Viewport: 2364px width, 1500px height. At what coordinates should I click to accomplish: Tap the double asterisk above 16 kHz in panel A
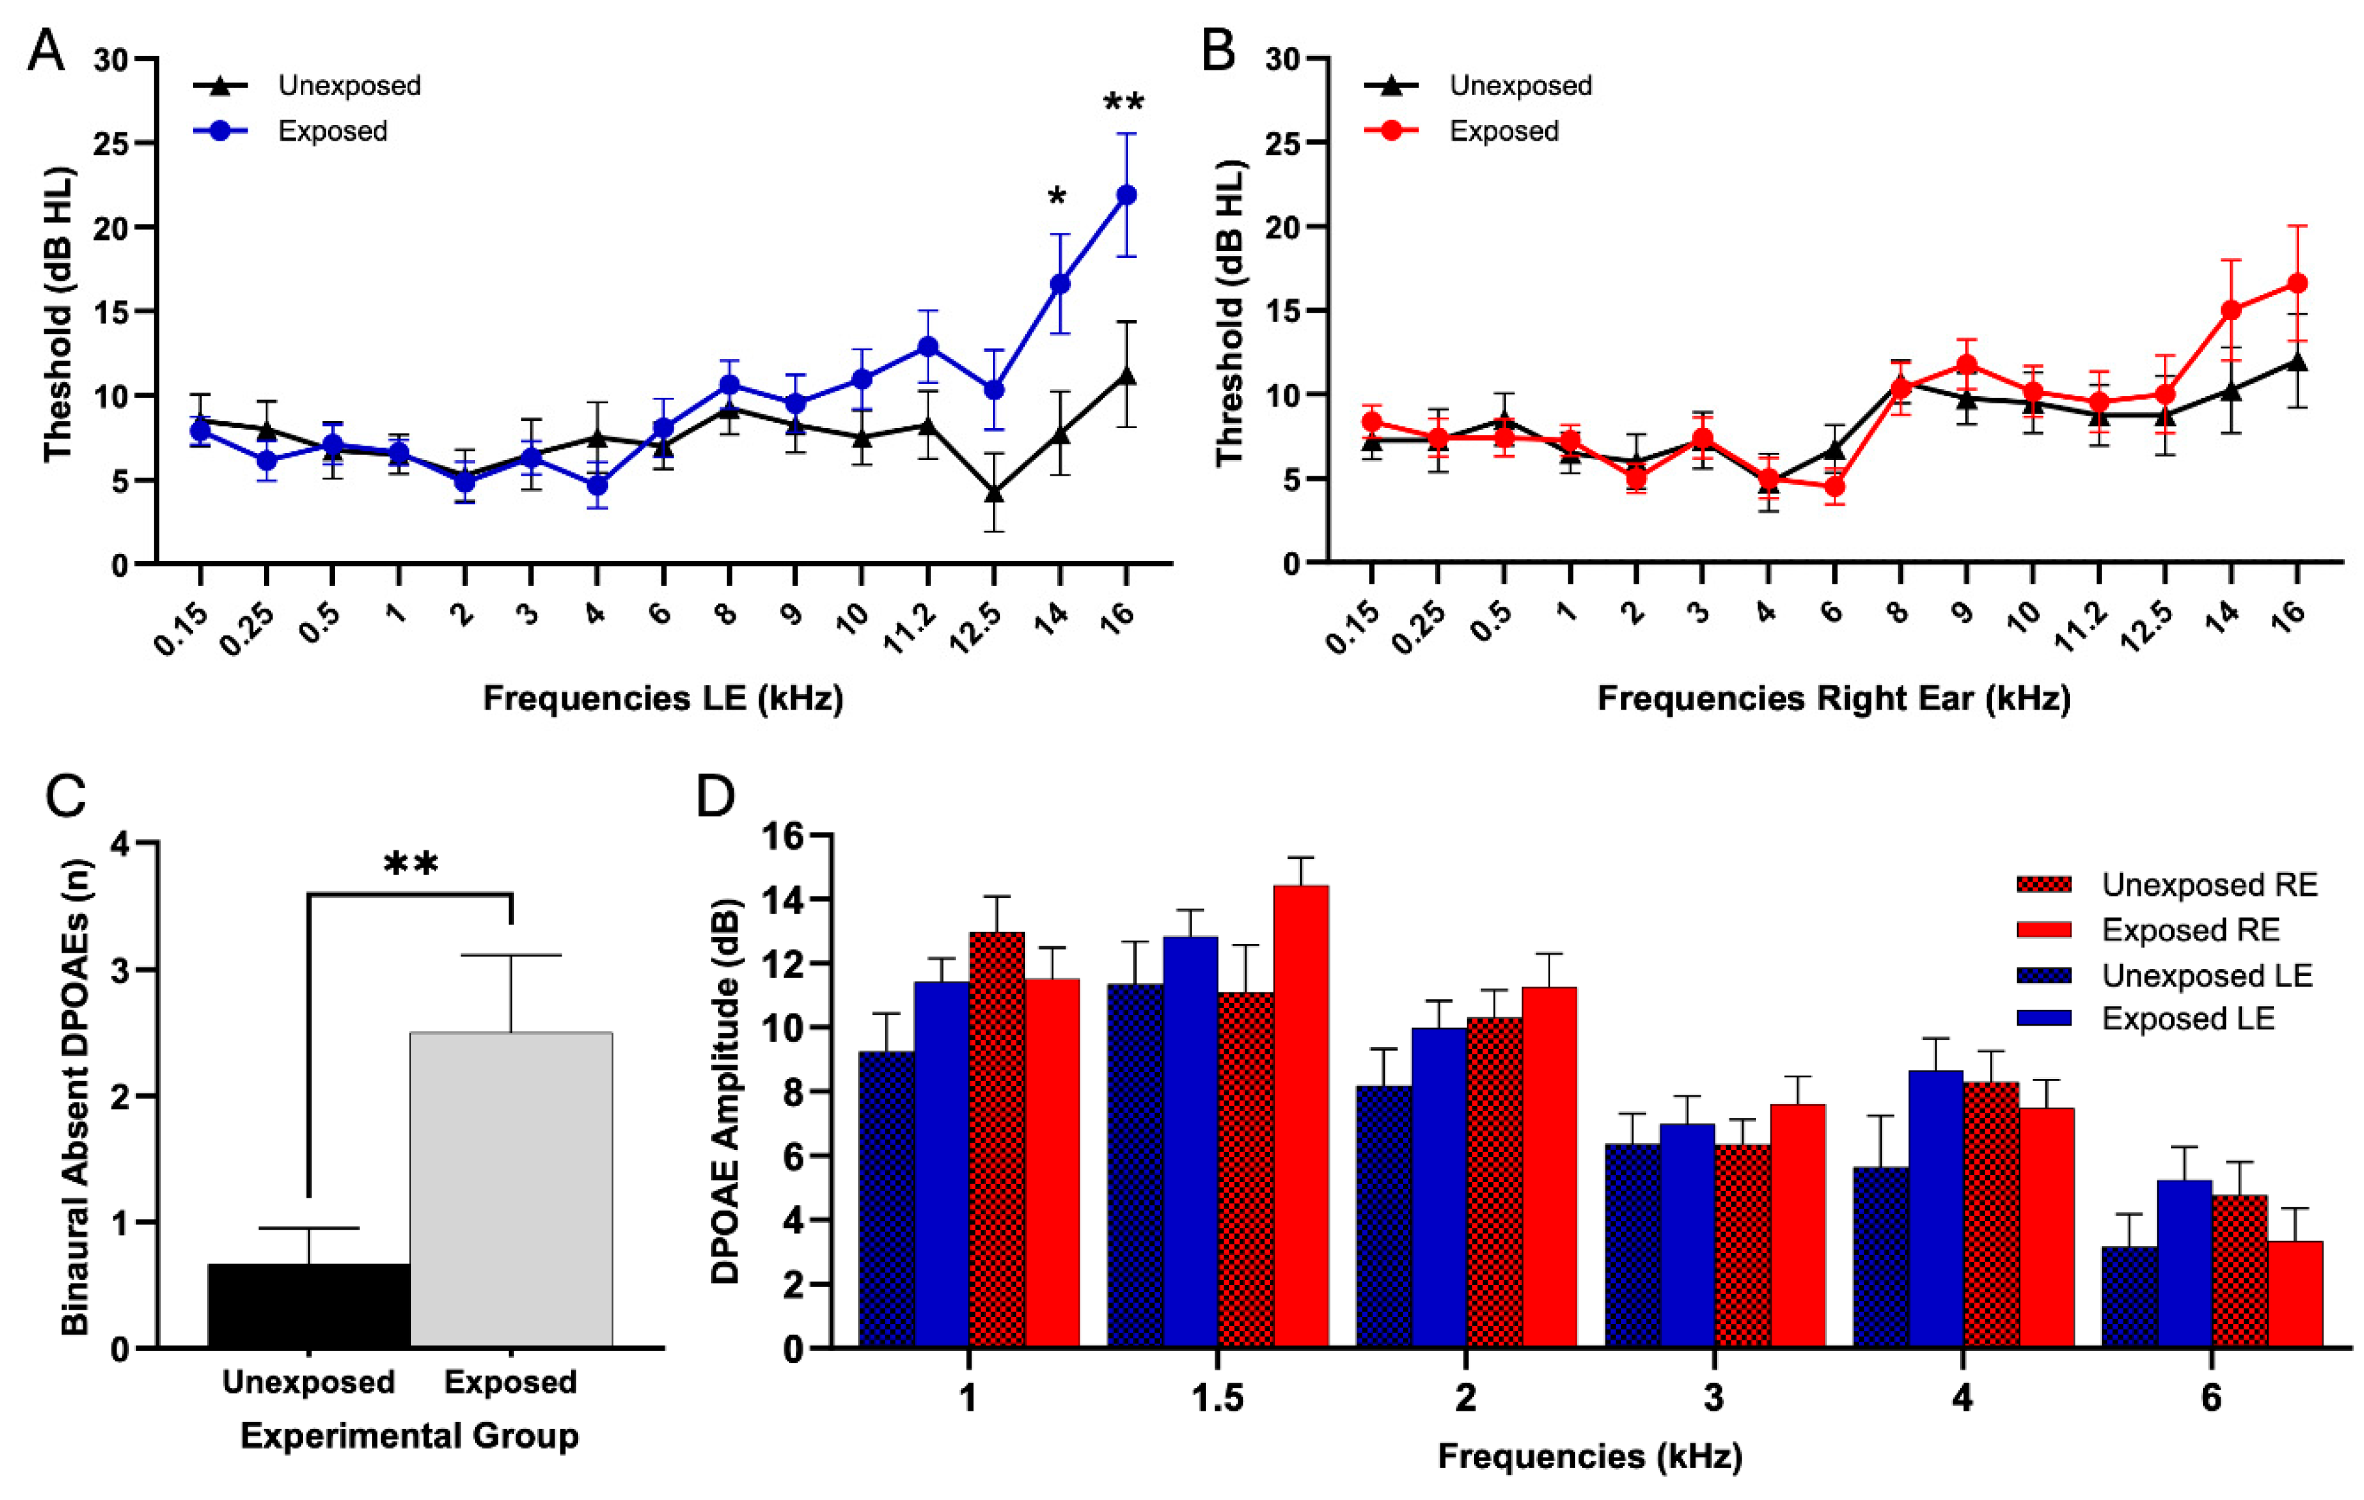pyautogui.click(x=1123, y=103)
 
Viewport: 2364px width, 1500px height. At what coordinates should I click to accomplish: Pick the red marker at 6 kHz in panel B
pyautogui.click(x=1834, y=486)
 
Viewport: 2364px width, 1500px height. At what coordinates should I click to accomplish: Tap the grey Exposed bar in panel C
pyautogui.click(x=512, y=1189)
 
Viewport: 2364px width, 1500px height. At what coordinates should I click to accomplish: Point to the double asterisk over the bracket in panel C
pyautogui.click(x=411, y=865)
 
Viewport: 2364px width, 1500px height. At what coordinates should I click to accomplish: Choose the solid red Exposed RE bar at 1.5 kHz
pyautogui.click(x=1301, y=1116)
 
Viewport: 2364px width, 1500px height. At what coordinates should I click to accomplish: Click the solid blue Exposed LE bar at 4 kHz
pyautogui.click(x=1935, y=1209)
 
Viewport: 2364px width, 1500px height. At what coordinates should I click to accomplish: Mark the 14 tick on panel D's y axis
pyautogui.click(x=788, y=899)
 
